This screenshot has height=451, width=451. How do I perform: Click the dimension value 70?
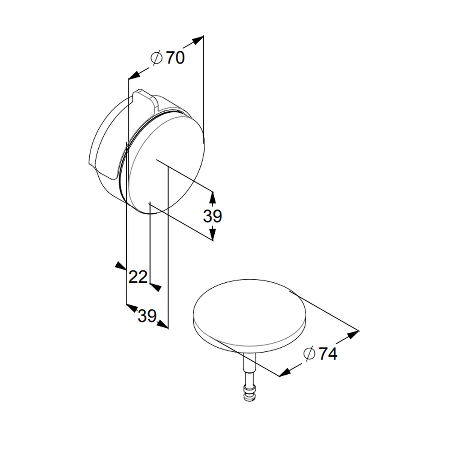[x=175, y=58]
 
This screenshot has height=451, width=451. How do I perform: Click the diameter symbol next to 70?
[x=157, y=58]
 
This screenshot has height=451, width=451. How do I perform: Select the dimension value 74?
[x=328, y=354]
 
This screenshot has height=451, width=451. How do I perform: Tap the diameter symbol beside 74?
[x=309, y=354]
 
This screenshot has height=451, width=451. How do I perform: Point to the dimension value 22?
[x=138, y=277]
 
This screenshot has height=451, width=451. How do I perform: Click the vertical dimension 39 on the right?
[x=212, y=216]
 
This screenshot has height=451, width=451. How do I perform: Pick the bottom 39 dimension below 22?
[x=147, y=316]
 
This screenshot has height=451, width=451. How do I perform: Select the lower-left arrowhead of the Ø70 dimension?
[x=134, y=75]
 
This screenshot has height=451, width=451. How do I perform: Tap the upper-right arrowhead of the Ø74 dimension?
[x=353, y=335]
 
